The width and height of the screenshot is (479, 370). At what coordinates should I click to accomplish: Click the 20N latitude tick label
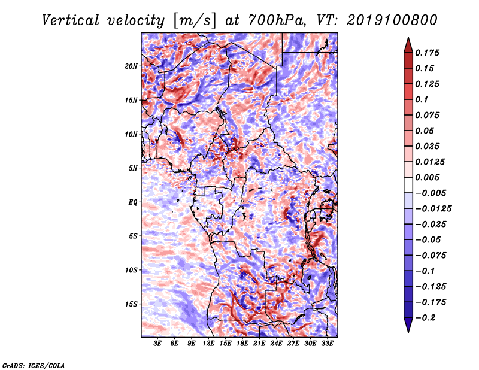click(131, 66)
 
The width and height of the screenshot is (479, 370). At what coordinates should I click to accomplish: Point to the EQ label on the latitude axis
click(132, 202)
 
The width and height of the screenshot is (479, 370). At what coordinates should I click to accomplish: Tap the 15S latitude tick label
click(131, 304)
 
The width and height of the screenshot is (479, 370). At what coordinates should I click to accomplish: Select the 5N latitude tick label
click(133, 168)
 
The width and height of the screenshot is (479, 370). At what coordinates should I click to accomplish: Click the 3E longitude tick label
click(157, 344)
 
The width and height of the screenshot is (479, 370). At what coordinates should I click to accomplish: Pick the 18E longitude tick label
click(242, 344)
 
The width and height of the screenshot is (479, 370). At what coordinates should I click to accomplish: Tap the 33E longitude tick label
click(327, 344)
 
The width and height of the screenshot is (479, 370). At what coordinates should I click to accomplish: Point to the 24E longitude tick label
click(276, 344)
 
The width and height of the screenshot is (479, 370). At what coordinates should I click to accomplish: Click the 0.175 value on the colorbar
click(427, 53)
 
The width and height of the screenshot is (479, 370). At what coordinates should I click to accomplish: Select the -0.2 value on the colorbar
click(425, 318)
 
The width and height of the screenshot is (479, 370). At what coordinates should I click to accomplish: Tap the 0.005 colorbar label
click(427, 177)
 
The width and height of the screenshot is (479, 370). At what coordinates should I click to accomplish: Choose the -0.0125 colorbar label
click(433, 209)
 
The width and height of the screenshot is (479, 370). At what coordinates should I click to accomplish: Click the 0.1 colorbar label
click(422, 99)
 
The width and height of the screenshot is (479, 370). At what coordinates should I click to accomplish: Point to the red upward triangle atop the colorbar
click(408, 45)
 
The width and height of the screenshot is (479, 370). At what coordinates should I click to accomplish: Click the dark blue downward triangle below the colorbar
click(408, 325)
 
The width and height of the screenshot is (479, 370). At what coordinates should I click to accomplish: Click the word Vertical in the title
click(70, 20)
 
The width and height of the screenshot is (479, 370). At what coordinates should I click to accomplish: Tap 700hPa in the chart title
click(276, 20)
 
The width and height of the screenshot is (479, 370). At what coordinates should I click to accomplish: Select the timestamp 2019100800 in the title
click(392, 20)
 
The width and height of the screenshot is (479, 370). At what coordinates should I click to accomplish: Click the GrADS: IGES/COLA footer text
click(34, 365)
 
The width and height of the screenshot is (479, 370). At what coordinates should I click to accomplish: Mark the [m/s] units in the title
click(194, 21)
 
